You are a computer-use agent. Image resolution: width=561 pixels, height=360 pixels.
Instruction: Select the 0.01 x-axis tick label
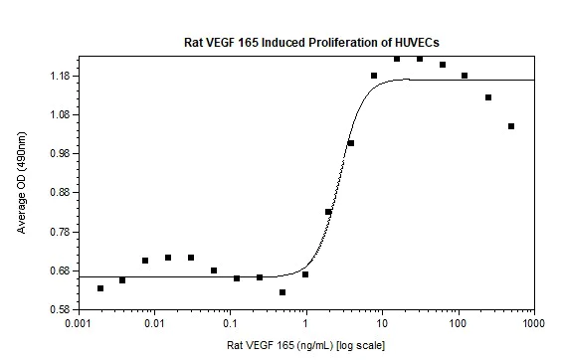(154, 324)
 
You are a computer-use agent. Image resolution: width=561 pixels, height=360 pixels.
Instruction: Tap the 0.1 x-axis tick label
(230, 324)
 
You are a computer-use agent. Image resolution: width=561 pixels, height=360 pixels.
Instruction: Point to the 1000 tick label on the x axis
(534, 324)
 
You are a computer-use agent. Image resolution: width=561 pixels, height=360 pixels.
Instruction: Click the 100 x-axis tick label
(459, 324)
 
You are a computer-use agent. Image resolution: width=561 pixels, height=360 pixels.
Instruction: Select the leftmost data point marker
(100, 288)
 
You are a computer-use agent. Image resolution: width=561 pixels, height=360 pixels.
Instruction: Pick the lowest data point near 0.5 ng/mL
(282, 292)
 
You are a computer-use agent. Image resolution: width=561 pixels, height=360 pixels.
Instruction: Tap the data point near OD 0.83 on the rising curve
(328, 212)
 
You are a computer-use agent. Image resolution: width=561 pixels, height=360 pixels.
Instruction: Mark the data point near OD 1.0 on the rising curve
(351, 143)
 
